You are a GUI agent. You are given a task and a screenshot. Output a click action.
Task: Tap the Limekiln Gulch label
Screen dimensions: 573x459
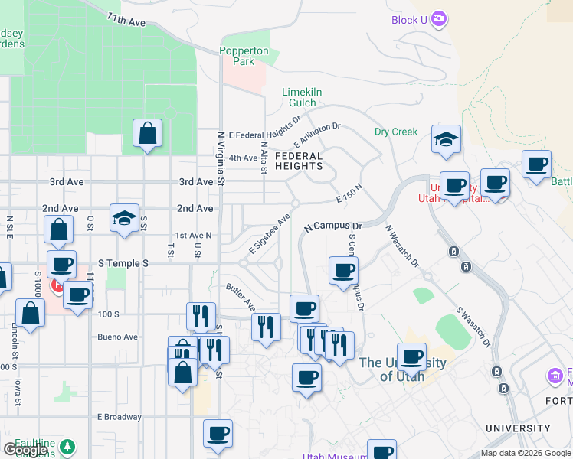(x=301, y=97)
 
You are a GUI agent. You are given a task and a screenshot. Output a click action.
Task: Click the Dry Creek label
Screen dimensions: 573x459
(x=396, y=132)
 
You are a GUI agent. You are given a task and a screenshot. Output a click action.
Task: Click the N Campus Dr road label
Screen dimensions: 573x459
(x=332, y=227)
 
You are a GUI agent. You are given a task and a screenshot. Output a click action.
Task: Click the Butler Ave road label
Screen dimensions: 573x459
(x=241, y=297)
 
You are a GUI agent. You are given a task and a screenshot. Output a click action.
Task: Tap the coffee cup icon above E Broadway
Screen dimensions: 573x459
(x=218, y=434)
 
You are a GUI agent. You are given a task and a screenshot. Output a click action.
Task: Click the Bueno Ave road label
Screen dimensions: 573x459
(x=117, y=337)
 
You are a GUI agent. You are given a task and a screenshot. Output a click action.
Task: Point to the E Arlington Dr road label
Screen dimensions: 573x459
(x=317, y=135)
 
